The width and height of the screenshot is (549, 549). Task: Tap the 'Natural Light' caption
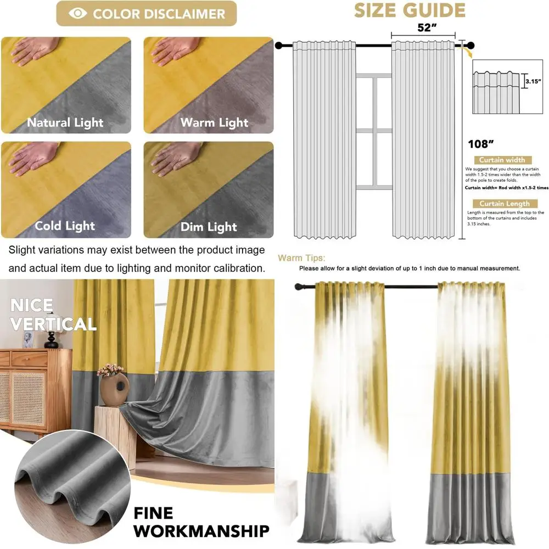65,122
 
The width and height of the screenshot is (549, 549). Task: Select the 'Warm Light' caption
214,122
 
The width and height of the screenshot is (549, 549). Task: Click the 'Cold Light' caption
65,226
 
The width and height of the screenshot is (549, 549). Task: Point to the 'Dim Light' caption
209,227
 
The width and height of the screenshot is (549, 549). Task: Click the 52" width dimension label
423,28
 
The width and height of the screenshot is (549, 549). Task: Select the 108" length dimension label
481,144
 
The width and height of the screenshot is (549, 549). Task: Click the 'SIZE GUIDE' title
409,10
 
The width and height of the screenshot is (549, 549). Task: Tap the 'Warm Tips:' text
301,257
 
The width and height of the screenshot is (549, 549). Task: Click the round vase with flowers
113,387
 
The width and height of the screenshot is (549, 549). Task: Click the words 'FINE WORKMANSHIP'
201,522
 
